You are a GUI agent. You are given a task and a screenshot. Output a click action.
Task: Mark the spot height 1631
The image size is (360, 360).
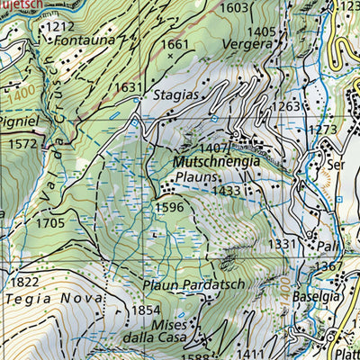[x=129, y=87]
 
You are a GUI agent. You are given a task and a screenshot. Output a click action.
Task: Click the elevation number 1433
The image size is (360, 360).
[x=227, y=191]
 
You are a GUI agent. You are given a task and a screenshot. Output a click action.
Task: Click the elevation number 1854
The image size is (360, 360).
[x=146, y=310]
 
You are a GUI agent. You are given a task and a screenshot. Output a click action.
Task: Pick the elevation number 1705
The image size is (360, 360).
[x=50, y=222]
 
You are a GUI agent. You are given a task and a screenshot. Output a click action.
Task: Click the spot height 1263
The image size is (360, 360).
[x=287, y=107]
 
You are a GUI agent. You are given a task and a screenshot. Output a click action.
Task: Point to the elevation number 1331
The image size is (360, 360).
[x=282, y=244]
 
